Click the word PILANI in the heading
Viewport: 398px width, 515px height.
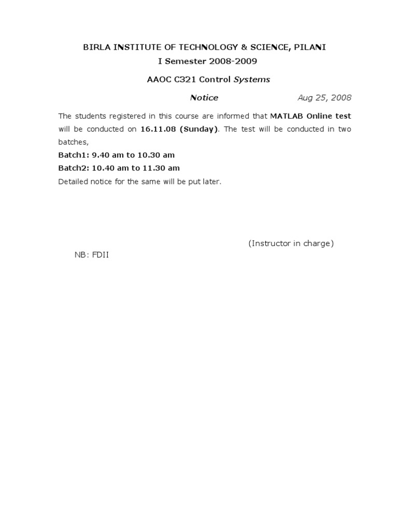click(x=310, y=47)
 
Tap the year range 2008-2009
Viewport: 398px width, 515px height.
click(x=233, y=61)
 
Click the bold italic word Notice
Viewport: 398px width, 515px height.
click(x=204, y=97)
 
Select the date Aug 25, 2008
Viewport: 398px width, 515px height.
click(x=324, y=97)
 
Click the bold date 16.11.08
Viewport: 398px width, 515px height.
click(x=159, y=128)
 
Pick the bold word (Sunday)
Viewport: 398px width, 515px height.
click(x=199, y=128)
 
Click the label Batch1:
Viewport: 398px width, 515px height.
click(x=74, y=155)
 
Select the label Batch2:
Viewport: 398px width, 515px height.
click(x=74, y=168)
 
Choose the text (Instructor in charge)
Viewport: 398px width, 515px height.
click(x=291, y=243)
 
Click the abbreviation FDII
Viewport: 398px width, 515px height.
click(x=101, y=255)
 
